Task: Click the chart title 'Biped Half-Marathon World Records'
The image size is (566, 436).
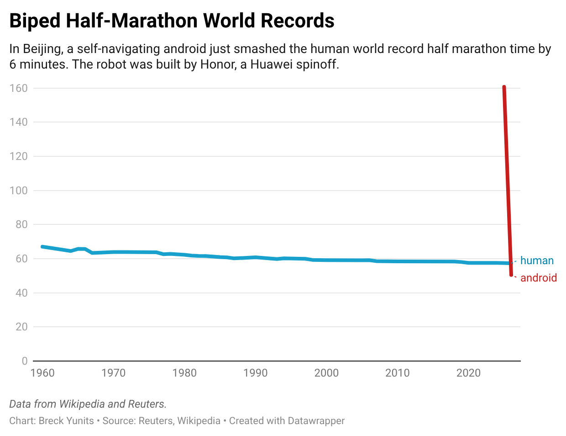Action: (x=172, y=21)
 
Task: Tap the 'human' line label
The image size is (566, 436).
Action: (x=537, y=261)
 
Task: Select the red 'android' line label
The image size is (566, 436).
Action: (x=539, y=278)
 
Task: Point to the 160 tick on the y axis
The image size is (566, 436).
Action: (x=19, y=88)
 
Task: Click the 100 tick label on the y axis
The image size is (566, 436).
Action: (x=19, y=191)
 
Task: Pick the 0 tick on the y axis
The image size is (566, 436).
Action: (x=25, y=361)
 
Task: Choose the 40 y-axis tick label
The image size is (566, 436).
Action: (x=21, y=293)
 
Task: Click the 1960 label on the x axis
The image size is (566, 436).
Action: (x=42, y=373)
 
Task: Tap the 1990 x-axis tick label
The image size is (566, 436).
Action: (x=256, y=373)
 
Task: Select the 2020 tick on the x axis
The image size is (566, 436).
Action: (x=469, y=373)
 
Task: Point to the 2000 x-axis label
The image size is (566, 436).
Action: (x=326, y=373)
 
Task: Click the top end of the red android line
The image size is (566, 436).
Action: (x=504, y=87)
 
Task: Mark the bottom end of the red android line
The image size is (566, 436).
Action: (x=511, y=275)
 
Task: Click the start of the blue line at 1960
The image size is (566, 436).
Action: (x=42, y=247)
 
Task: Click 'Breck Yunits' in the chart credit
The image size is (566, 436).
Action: (x=66, y=421)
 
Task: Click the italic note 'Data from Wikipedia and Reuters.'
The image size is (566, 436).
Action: (x=88, y=404)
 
